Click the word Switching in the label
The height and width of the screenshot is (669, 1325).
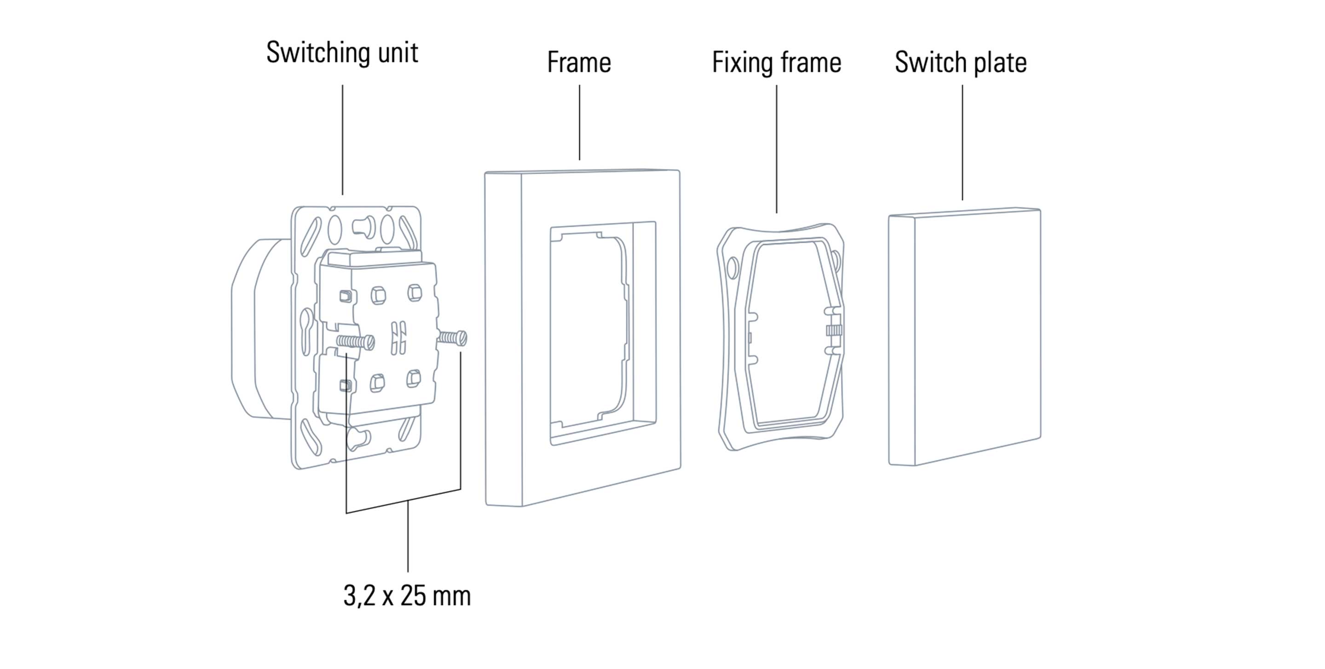[x=319, y=53]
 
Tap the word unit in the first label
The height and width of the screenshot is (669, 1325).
[x=397, y=53]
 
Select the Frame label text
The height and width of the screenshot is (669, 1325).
[x=579, y=63]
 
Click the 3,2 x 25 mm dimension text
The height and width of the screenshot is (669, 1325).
[x=407, y=596]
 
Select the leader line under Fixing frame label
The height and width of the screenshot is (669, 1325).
[x=776, y=149]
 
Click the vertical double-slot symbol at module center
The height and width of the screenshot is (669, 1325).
[x=398, y=338]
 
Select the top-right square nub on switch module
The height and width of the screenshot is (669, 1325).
[x=414, y=293]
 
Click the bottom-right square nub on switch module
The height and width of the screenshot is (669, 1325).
[x=414, y=379]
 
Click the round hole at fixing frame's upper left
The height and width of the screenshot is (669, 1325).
[x=732, y=266]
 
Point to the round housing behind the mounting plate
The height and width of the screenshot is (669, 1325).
[x=252, y=329]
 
